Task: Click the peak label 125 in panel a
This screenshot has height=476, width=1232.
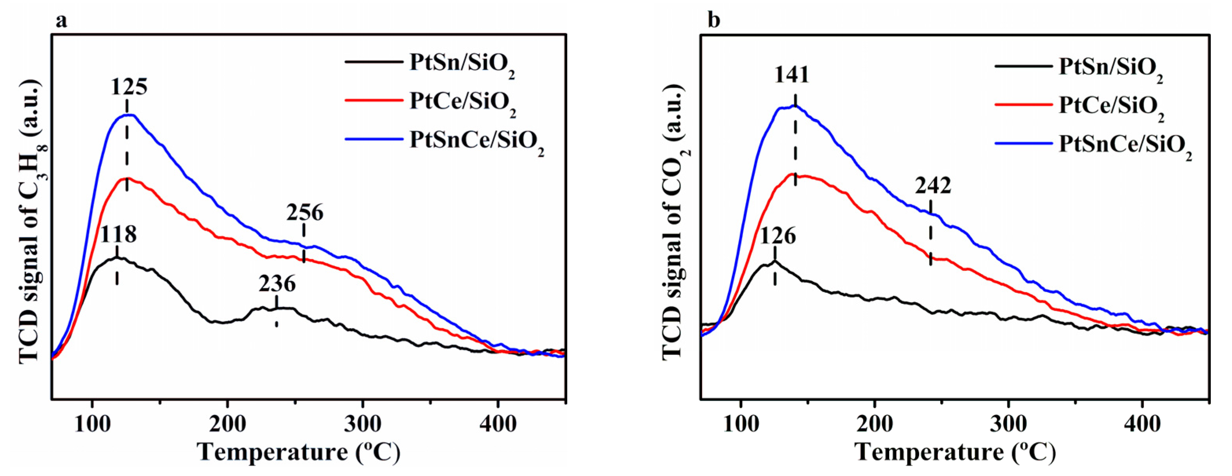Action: click(129, 88)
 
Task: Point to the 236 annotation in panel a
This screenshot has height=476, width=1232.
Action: click(277, 284)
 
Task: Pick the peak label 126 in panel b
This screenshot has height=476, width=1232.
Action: click(778, 236)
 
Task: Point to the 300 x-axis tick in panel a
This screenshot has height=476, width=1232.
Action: click(362, 424)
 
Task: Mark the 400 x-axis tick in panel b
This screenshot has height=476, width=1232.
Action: click(1142, 424)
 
